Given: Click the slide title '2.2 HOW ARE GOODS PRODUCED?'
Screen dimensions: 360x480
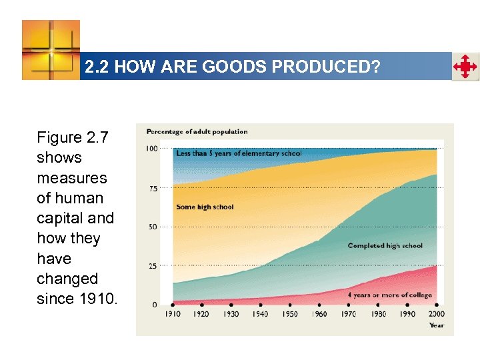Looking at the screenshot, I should tap(232, 67).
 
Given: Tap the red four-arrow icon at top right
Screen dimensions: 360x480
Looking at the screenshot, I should tap(465, 67).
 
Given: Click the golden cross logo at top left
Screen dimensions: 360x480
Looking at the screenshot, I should tap(51, 50).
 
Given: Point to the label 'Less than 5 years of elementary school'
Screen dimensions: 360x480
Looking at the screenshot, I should tap(239, 153).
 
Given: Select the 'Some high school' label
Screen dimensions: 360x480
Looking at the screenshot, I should tap(205, 207).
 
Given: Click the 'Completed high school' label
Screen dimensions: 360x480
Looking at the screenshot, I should tap(385, 245).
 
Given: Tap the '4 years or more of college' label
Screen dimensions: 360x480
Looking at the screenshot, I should tap(389, 295).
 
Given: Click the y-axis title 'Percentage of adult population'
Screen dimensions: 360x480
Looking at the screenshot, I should tap(197, 131).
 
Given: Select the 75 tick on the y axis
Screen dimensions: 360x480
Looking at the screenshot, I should tap(153, 189).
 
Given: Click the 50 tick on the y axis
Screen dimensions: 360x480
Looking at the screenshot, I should tap(153, 227).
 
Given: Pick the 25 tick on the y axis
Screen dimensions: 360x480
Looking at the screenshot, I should tap(153, 266).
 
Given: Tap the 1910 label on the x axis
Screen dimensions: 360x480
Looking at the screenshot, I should tap(173, 314).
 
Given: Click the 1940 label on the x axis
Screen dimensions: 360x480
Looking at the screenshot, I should tap(261, 314).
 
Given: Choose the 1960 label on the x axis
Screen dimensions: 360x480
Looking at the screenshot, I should tap(319, 314).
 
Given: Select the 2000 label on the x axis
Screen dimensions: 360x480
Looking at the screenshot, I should tap(437, 314).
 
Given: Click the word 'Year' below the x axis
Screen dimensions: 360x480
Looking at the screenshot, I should tap(437, 325).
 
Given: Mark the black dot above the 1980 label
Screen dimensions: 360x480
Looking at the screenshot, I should tap(378, 305).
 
